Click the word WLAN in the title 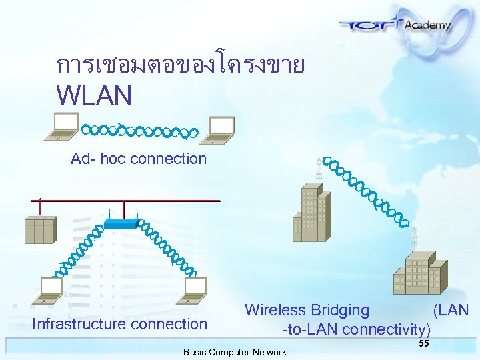(x=94, y=95)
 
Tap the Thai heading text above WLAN (x=181, y=65)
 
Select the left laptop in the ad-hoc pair (x=62, y=127)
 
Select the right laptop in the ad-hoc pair (x=219, y=131)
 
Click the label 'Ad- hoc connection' (x=139, y=159)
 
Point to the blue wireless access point (x=122, y=223)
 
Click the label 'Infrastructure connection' (x=120, y=325)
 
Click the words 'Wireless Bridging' (x=307, y=310)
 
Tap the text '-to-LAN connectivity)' (x=357, y=329)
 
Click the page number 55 (x=423, y=343)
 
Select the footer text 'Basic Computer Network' (x=235, y=352)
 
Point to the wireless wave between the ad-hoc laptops (x=139, y=130)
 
